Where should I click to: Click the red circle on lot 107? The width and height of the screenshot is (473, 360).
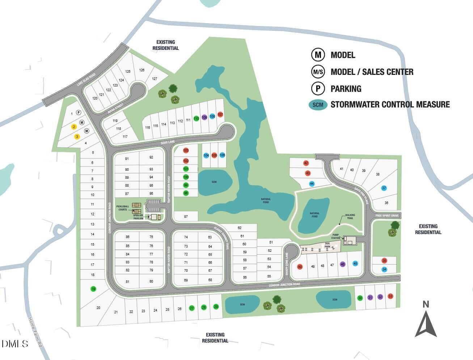coord(220,115)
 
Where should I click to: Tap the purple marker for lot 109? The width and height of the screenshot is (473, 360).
coord(204,118)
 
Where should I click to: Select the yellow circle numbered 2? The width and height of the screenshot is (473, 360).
coord(74,127)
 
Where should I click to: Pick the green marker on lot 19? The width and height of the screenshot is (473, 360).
coord(93,289)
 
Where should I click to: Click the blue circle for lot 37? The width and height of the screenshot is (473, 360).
coord(384,188)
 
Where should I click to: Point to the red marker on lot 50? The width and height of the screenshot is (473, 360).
coord(300,267)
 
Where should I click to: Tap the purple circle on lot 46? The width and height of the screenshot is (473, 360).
coord(343,264)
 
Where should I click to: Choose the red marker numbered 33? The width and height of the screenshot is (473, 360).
coord(390,296)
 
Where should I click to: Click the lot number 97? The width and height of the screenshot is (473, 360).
coord(186,217)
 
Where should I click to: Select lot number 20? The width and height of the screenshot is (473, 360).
coord(98,308)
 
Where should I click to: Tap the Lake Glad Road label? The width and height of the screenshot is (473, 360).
coord(86,79)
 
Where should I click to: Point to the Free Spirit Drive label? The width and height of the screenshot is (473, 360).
coord(387,216)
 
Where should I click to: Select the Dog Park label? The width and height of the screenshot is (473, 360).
coord(328,245)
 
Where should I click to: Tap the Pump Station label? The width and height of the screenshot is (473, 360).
coord(335,236)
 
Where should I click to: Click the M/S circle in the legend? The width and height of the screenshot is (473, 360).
coord(318,72)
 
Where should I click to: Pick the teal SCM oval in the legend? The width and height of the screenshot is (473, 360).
coord(318,105)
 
